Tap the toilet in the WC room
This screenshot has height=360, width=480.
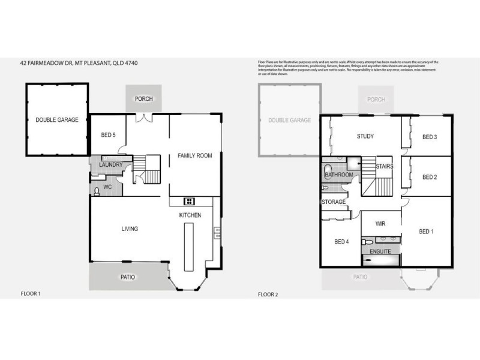97,191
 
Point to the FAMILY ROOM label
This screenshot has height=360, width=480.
194,156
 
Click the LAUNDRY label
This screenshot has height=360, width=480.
111,164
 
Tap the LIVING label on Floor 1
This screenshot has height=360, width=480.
130,229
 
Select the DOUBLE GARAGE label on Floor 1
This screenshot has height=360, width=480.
57,120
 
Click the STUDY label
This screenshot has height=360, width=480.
365,136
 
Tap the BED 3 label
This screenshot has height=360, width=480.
429,137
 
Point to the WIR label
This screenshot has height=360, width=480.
380,223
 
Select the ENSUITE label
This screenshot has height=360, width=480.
380,251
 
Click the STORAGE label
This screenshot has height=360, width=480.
334,202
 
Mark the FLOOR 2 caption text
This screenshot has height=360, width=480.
268,295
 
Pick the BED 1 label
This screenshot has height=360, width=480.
426,232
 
